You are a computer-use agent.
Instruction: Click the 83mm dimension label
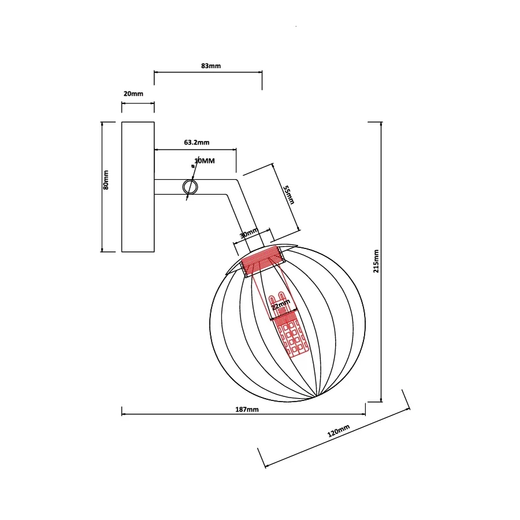(x=210, y=66)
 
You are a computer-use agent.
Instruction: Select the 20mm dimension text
(x=133, y=94)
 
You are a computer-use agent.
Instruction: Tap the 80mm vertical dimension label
(x=106, y=180)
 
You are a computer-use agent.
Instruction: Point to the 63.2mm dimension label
(x=196, y=142)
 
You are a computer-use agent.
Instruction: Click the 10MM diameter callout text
(x=205, y=161)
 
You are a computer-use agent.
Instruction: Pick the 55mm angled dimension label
(x=288, y=195)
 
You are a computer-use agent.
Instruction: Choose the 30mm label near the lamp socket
(x=249, y=233)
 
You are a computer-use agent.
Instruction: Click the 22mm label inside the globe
(x=281, y=304)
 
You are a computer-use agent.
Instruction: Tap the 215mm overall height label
(x=376, y=261)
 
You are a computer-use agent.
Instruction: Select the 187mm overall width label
(x=247, y=410)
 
